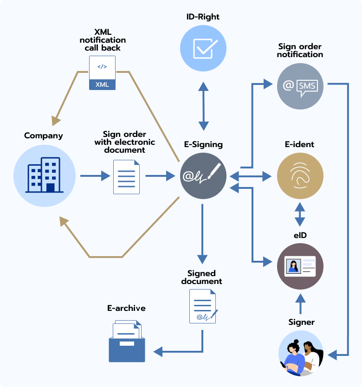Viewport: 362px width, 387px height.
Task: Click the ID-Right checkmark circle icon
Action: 203,49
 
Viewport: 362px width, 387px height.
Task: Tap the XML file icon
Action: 102,72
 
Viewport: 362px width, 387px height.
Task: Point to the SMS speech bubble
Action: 307,87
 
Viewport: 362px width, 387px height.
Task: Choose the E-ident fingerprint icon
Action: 300,176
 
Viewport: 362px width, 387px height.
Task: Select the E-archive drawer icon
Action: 127,342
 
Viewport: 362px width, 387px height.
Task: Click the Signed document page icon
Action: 203,306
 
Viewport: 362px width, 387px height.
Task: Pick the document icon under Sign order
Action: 127,177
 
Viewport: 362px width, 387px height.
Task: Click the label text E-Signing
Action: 203,144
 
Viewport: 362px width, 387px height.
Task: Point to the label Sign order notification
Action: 300,51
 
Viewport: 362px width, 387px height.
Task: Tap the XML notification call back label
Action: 103,40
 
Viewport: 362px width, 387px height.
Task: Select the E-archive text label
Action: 126,308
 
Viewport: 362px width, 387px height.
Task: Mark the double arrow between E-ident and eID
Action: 300,214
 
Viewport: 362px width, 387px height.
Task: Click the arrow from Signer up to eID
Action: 300,304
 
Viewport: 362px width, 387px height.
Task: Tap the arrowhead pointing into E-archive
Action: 158,351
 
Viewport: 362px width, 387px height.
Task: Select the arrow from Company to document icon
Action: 95,176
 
